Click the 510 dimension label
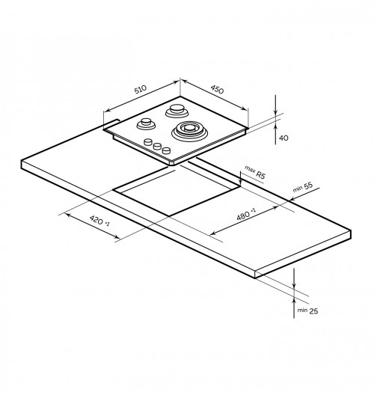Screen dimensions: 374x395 [141, 89]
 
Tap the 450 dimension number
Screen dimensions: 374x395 [217, 89]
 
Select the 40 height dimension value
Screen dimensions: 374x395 [283, 138]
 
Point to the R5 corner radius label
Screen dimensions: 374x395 [260, 174]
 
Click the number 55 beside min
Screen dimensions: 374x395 [308, 186]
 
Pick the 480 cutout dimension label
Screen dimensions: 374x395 [243, 215]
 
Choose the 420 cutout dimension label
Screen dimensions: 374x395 [96, 220]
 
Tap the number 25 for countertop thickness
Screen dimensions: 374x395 [313, 311]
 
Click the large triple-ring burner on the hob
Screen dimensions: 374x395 [189, 131]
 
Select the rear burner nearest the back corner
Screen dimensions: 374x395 [177, 111]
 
